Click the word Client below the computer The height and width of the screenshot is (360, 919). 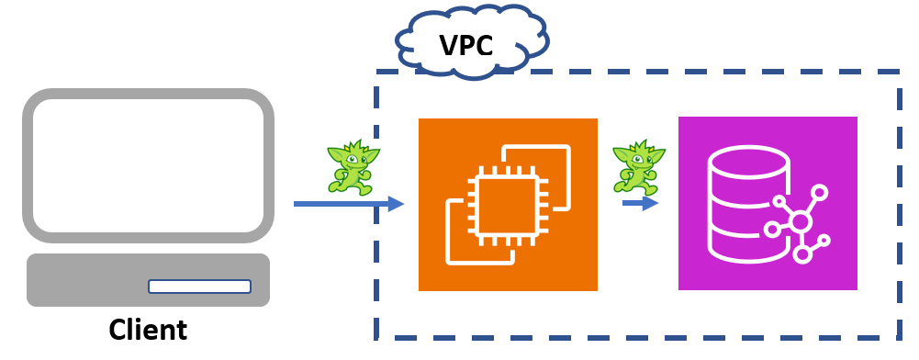coord(148,330)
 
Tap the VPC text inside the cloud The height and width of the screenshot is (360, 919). coord(465,45)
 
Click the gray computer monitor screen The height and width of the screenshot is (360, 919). coord(148,165)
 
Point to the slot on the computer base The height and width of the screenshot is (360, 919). coord(199,287)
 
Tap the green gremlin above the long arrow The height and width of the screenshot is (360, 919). coord(353,167)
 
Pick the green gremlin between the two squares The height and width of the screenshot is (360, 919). coord(638,166)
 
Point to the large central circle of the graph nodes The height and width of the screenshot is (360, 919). coord(801,221)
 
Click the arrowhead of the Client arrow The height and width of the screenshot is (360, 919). coord(396,204)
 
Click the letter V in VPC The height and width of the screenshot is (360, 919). coord(448,45)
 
